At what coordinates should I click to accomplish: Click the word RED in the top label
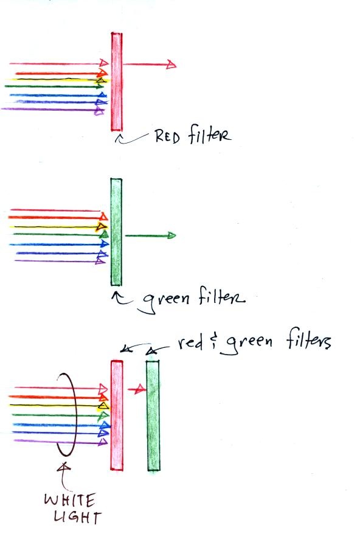(x=168, y=136)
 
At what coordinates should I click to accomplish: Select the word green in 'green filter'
(x=167, y=300)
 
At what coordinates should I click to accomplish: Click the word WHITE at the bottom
(x=69, y=501)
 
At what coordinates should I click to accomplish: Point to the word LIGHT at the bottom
(x=77, y=518)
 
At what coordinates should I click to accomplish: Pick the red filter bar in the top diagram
(x=117, y=82)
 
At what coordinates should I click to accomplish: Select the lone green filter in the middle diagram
(x=116, y=232)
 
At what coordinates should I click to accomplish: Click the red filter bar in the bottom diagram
(x=117, y=415)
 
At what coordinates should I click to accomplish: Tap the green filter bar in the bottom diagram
(x=153, y=415)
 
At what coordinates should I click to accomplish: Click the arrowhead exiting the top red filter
(x=171, y=64)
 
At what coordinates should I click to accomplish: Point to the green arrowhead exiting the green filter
(x=172, y=235)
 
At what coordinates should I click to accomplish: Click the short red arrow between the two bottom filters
(x=137, y=389)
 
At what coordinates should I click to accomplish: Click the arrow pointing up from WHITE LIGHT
(x=63, y=476)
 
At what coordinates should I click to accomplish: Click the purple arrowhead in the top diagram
(x=99, y=112)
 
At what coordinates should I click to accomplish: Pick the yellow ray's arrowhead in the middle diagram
(x=101, y=227)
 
